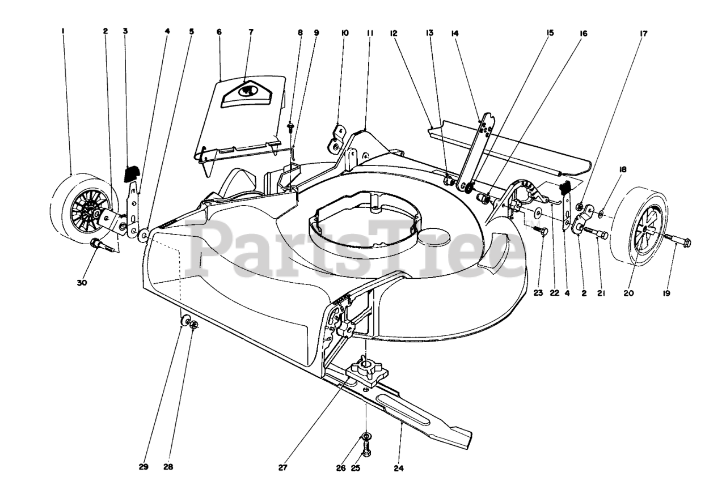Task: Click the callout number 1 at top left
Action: click(x=64, y=32)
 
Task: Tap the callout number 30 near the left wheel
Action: click(x=82, y=283)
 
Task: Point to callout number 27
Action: click(x=283, y=468)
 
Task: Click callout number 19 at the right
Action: click(x=666, y=293)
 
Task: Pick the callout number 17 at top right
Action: click(x=643, y=33)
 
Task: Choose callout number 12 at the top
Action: click(x=393, y=33)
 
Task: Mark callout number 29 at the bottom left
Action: click(x=143, y=468)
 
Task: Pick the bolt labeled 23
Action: click(x=541, y=231)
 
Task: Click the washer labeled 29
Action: click(x=185, y=322)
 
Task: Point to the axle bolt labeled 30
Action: click(x=98, y=246)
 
